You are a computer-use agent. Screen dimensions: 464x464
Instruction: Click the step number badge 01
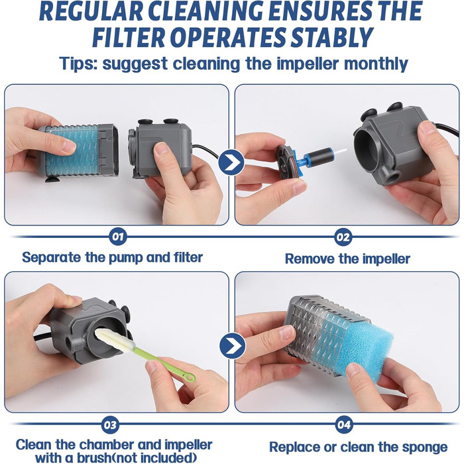[118, 237]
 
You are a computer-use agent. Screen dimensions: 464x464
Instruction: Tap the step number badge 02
[343, 237]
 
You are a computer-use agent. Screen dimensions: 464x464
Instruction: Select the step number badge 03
[110, 425]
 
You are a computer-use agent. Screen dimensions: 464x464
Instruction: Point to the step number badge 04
[344, 425]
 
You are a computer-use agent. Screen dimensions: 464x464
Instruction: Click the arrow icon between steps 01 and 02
[231, 162]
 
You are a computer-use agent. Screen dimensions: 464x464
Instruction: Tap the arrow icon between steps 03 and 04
[233, 345]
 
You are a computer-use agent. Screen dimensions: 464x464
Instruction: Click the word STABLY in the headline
[332, 38]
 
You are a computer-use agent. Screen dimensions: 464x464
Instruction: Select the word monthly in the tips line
[376, 64]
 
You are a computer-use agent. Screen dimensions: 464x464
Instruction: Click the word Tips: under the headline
[78, 64]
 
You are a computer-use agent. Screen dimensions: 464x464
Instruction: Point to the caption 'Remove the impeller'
[347, 259]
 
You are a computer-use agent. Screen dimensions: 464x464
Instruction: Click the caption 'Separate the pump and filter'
[113, 257]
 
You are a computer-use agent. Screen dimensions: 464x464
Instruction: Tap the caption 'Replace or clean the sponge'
[359, 447]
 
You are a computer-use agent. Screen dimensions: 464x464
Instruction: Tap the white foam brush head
[113, 339]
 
